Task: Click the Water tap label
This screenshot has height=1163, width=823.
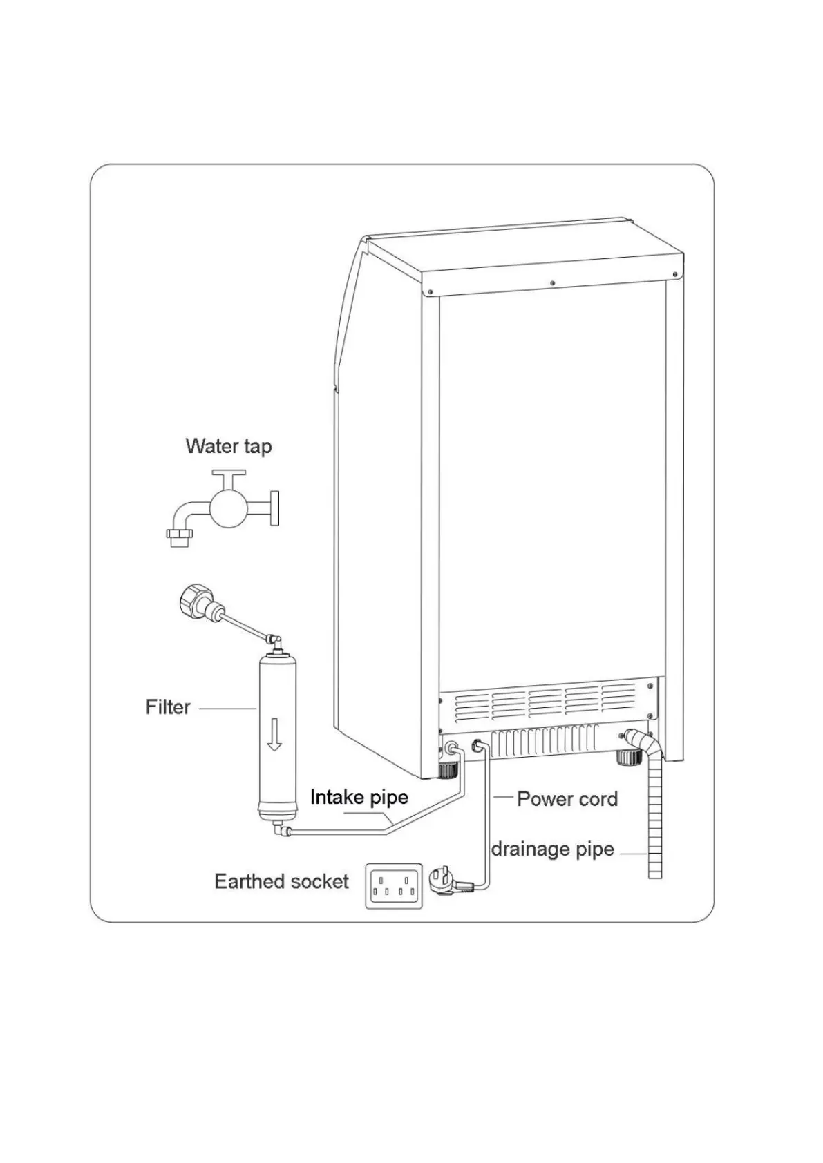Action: click(229, 446)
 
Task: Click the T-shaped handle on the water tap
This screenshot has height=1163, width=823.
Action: click(229, 475)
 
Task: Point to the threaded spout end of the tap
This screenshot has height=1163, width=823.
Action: click(179, 537)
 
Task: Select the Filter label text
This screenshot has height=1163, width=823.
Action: click(167, 707)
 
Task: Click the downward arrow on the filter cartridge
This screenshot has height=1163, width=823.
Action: click(275, 734)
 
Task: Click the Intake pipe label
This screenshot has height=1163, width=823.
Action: click(359, 798)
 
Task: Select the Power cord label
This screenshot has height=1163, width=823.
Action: click(567, 799)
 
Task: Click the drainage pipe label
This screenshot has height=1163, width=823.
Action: click(552, 849)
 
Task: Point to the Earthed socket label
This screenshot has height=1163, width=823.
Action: click(281, 881)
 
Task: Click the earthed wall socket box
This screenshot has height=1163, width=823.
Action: click(393, 885)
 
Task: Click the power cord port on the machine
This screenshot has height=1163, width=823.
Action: click(477, 747)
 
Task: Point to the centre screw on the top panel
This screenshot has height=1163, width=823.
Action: click(552, 282)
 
